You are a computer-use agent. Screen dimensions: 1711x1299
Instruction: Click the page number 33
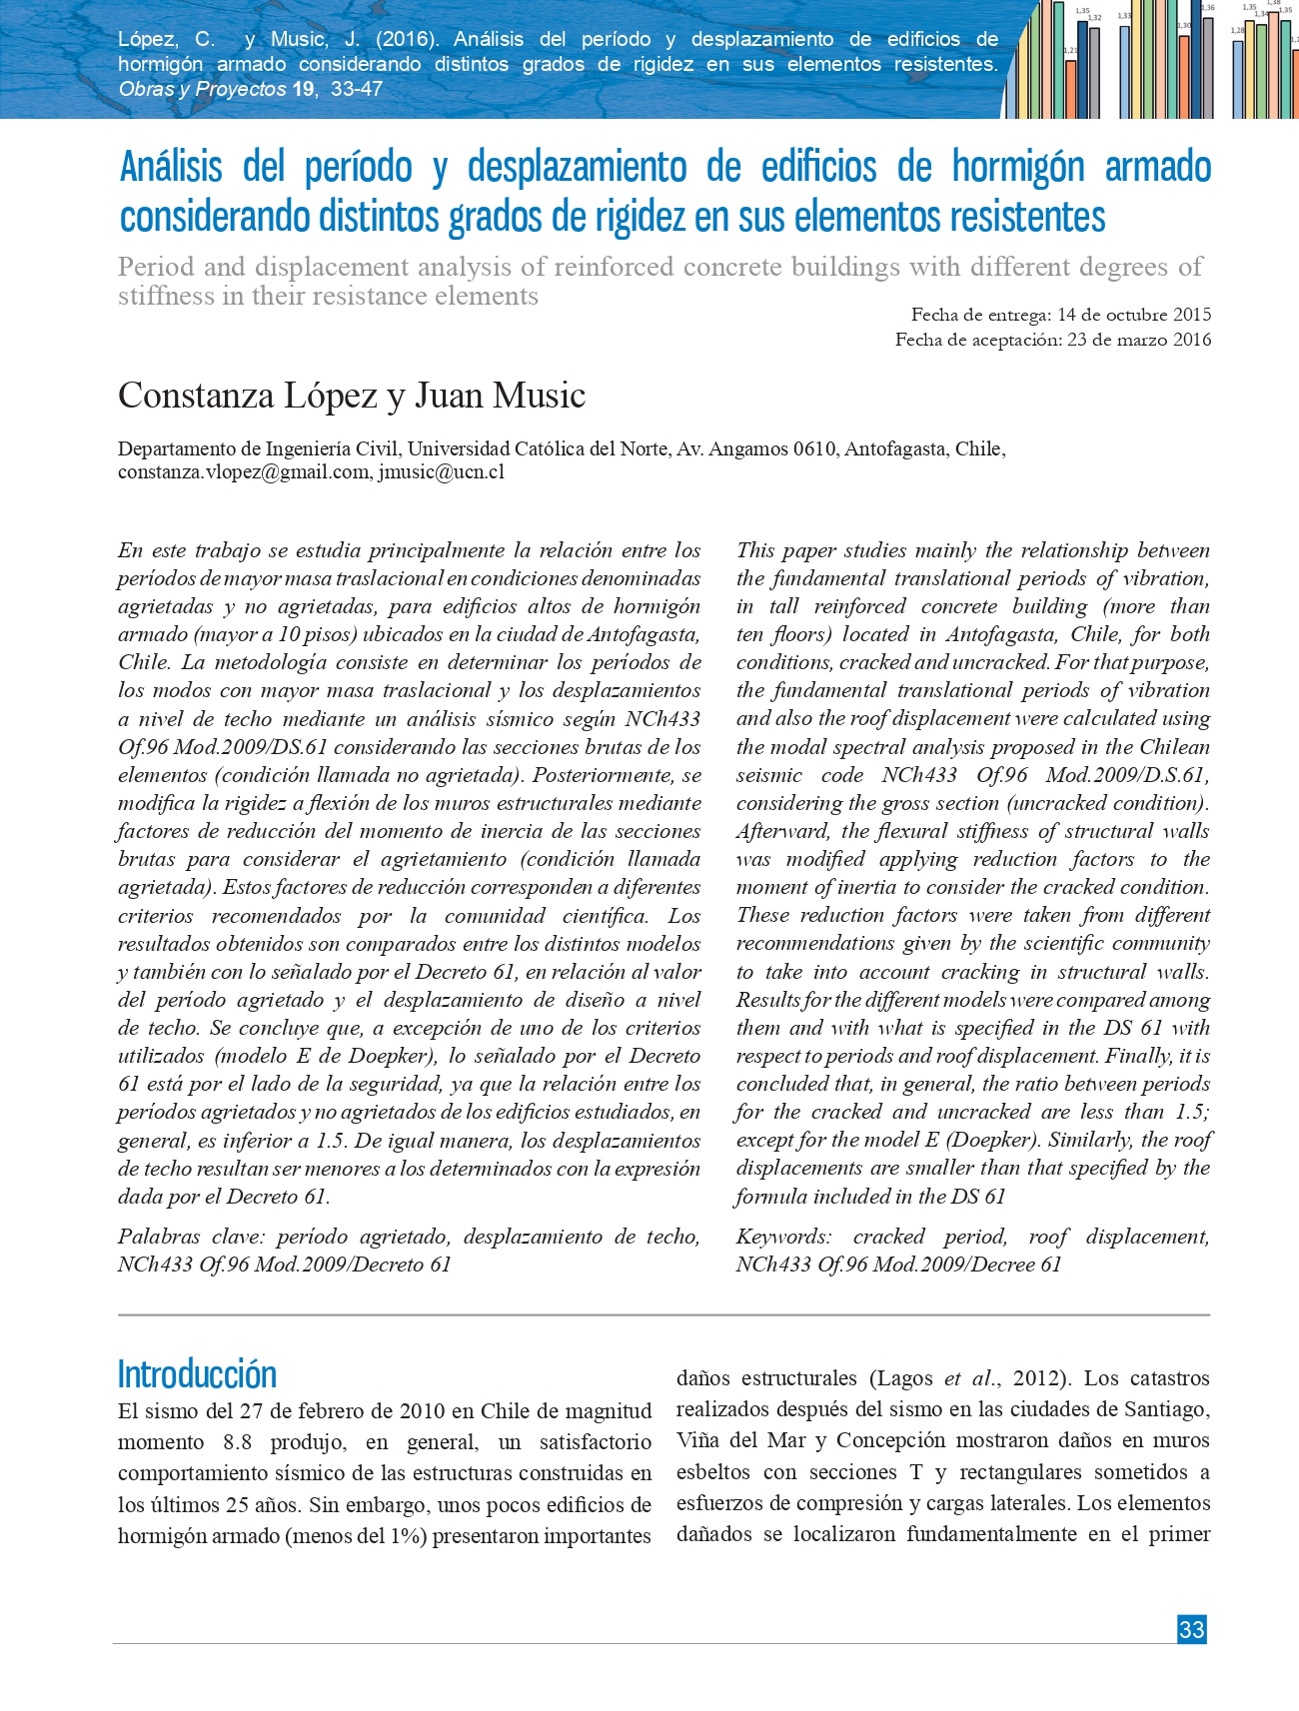point(1191,1629)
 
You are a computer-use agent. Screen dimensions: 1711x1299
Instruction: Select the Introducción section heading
point(197,1374)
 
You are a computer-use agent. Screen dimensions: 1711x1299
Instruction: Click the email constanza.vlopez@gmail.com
point(244,472)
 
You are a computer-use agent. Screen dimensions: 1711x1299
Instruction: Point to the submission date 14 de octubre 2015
point(1134,315)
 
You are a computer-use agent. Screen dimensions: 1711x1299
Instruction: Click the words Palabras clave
point(187,1237)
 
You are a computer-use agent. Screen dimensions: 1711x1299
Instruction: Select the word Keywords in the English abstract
point(782,1237)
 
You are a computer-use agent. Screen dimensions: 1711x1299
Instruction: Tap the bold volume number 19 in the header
point(303,89)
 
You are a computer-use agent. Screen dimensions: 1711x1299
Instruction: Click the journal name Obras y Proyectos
point(202,89)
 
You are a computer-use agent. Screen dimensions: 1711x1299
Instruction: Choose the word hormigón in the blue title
point(1017,167)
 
